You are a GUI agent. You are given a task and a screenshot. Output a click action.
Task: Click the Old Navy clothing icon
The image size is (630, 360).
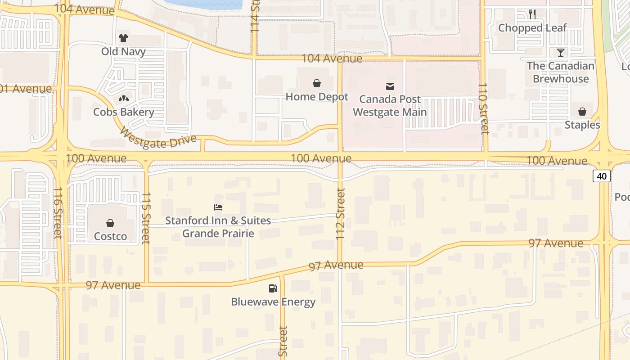pos(123,38)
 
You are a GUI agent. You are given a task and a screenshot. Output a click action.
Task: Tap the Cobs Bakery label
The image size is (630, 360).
pos(124,112)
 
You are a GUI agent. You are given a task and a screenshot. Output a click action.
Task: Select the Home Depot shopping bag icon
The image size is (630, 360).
pos(317,83)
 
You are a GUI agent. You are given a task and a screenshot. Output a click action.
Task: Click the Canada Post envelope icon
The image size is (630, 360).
pos(390,86)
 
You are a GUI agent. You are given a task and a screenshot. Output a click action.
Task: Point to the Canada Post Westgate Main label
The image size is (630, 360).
pos(390,105)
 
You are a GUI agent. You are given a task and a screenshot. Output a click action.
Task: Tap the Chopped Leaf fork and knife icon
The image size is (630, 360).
pos(532,14)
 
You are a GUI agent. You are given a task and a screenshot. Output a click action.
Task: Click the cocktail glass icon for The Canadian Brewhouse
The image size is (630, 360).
pos(560,53)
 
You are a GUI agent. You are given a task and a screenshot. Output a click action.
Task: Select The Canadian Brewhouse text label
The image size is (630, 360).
pos(561,72)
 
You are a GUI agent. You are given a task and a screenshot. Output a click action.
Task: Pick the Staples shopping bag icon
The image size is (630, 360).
pos(582,111)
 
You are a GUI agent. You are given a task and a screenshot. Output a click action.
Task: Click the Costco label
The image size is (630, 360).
pos(110,236)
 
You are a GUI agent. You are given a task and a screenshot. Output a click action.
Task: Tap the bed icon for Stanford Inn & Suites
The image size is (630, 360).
pos(218,207)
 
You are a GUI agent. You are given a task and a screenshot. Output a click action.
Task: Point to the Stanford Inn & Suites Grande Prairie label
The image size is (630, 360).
pos(218,227)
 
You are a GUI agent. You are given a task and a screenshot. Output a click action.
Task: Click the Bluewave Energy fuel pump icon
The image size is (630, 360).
pos(273,288)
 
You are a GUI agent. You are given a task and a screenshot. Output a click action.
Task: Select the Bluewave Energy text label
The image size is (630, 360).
pos(273,302)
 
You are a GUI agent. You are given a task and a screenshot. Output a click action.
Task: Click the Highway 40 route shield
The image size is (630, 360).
pos(602,176)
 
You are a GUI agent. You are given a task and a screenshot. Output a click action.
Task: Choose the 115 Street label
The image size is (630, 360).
pos(145,218)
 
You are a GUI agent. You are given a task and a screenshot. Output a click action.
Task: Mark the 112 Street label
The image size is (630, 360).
pos(341,214)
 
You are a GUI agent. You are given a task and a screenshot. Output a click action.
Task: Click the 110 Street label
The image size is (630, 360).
pos(483,109)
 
